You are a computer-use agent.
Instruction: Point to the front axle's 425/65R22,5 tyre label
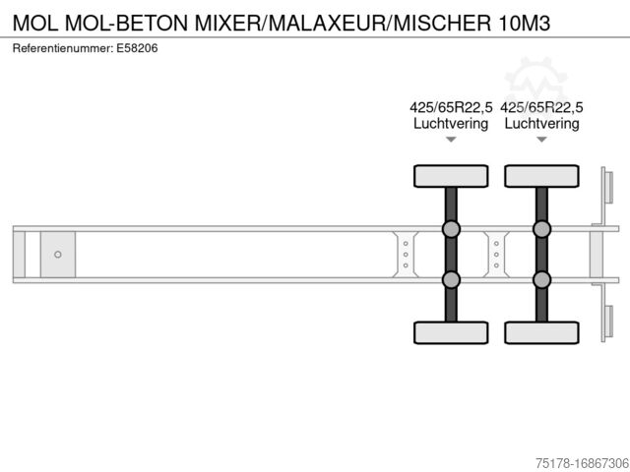pyautogui.click(x=450, y=108)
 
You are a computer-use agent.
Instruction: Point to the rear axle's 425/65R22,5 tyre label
pyautogui.click(x=541, y=108)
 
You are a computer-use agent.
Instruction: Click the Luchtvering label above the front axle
pyautogui.click(x=450, y=124)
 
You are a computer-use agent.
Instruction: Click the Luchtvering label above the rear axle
pyautogui.click(x=541, y=124)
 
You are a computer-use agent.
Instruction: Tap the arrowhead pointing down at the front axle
pyautogui.click(x=451, y=140)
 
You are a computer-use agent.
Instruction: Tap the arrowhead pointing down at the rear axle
pyautogui.click(x=541, y=140)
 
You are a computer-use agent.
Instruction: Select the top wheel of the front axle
pyautogui.click(x=451, y=176)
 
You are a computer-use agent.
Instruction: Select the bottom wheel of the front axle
pyautogui.click(x=451, y=331)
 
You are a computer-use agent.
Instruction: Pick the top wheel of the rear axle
pyautogui.click(x=541, y=176)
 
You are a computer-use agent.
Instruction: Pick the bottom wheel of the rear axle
pyautogui.click(x=541, y=331)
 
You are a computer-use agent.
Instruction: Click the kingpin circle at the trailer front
pyautogui.click(x=58, y=255)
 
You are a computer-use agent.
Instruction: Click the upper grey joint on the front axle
pyautogui.click(x=451, y=229)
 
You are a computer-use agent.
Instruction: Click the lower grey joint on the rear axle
pyautogui.click(x=541, y=279)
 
